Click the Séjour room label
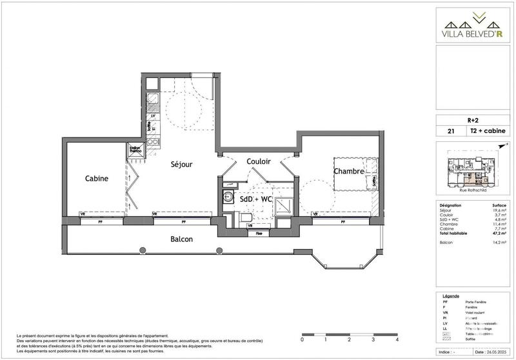(x=181, y=165)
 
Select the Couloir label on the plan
(x=257, y=161)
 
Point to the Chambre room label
(x=349, y=171)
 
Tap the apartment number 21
(x=442, y=131)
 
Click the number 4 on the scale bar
(x=397, y=339)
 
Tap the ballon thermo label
(x=135, y=149)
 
